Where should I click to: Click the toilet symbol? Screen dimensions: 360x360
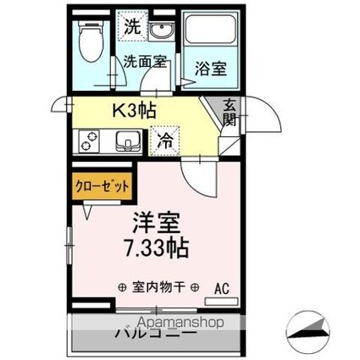pyautogui.click(x=87, y=39)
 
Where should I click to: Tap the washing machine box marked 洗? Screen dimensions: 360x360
pyautogui.click(x=132, y=26)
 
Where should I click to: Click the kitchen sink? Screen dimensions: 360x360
pyautogui.click(x=126, y=141)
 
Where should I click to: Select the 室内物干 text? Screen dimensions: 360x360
pyautogui.click(x=159, y=287)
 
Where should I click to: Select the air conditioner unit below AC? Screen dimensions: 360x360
pyautogui.click(x=222, y=302)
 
